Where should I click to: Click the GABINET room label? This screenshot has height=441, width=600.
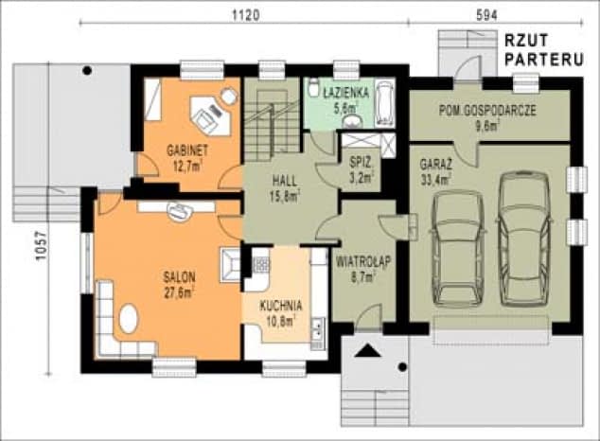[x=187, y=150]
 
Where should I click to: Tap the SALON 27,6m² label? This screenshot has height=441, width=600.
[x=179, y=284]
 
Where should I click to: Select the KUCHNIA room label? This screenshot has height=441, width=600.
[x=281, y=306]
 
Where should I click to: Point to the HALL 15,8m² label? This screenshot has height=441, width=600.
[x=285, y=188]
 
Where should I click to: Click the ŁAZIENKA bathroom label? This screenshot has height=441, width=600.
[x=346, y=92]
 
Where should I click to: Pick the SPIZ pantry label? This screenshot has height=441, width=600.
[x=360, y=163]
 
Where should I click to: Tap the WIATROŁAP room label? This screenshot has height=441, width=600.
[x=363, y=262]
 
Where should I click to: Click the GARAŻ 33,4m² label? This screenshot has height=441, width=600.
[x=436, y=171]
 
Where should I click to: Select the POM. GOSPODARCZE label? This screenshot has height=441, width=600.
[x=487, y=111]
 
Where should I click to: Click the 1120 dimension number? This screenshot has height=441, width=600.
[x=246, y=15]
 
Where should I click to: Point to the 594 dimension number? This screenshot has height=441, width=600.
[x=486, y=15]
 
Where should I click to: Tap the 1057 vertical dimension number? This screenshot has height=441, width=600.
[x=41, y=245]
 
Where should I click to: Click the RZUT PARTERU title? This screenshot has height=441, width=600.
[x=544, y=50]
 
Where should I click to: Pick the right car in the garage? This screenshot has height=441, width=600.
[x=524, y=238]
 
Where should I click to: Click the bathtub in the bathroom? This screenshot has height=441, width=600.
[x=384, y=102]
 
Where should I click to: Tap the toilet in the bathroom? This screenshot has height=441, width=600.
[x=313, y=87]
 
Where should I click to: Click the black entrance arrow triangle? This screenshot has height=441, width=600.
[x=368, y=350]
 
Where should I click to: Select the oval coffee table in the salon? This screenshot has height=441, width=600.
[x=129, y=319]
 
